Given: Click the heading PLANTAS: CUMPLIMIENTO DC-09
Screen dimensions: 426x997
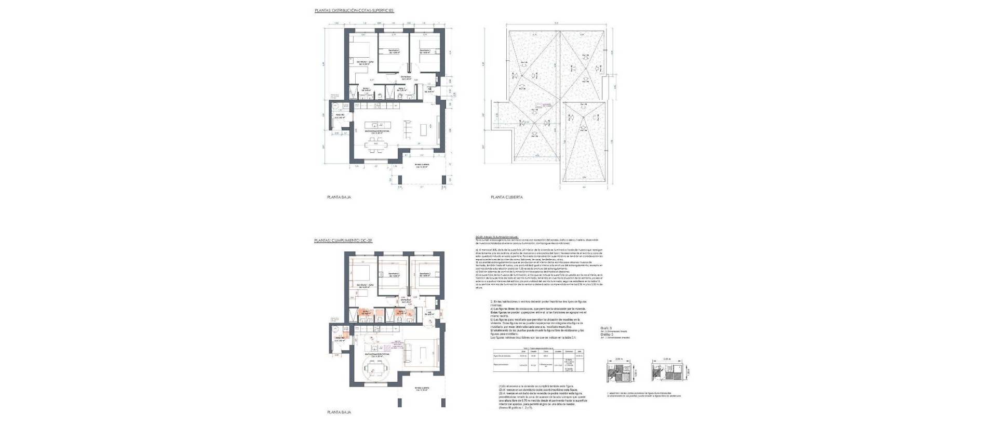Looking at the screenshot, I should [343, 241].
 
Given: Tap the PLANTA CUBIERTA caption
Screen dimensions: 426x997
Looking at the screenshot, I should [506, 197].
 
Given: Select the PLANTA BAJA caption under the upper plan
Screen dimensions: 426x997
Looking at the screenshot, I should [339, 197].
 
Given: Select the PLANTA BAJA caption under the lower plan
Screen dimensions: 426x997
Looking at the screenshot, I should [339, 412].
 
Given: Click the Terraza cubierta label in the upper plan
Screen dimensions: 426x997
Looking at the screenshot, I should [422, 166].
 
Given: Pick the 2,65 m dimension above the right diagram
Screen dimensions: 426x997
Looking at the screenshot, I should [667, 359].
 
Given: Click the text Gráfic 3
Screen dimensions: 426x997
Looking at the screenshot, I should [605, 328].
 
